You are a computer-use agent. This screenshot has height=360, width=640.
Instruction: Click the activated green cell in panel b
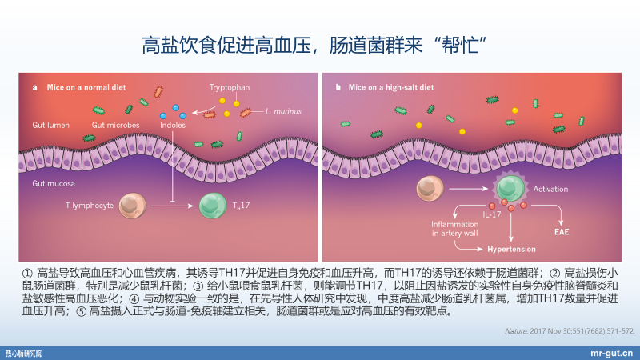pos(507,189)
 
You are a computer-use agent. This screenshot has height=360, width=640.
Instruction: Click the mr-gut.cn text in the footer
pos(610,351)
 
